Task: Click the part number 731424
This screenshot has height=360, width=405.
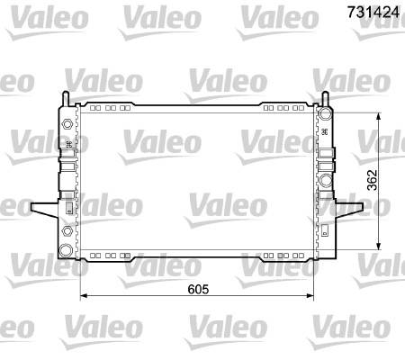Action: pos(373,12)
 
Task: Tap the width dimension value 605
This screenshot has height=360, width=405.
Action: pos(198,289)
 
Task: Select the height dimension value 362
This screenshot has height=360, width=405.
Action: pos(372,180)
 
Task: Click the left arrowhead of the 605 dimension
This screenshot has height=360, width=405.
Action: pos(84,296)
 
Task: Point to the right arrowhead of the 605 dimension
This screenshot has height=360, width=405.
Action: pos(310,296)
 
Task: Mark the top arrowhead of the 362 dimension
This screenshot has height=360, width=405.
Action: pos(379,116)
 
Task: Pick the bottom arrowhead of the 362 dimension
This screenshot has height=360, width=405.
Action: pos(379,246)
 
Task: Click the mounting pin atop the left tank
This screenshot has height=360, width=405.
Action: pos(66,98)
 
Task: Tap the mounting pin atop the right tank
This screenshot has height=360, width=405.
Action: pos(325,98)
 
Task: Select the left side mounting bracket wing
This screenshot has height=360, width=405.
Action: pos(45,209)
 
